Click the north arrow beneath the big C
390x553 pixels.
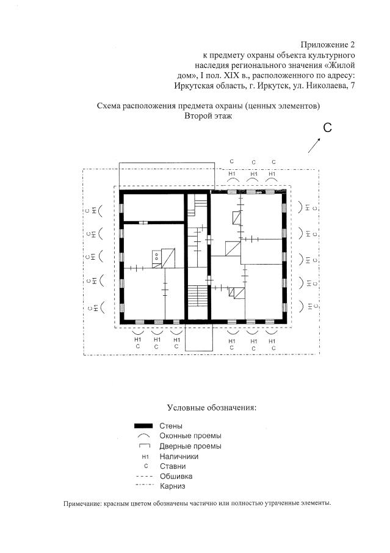pos(316,145)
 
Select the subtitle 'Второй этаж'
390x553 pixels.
pos(209,116)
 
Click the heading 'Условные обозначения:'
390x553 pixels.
pos(211,407)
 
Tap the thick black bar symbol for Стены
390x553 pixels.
pos(143,425)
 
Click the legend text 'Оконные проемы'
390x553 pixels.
pos(190,436)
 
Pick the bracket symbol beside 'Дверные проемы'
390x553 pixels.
pos(144,446)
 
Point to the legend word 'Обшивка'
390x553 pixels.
pos(176,476)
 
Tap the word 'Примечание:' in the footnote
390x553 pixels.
pos(82,504)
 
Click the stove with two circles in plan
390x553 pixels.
pos(157,257)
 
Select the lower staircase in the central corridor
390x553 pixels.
pos(197,300)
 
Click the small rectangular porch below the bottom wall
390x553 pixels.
pos(198,337)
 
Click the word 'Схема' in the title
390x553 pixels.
pos(110,106)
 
